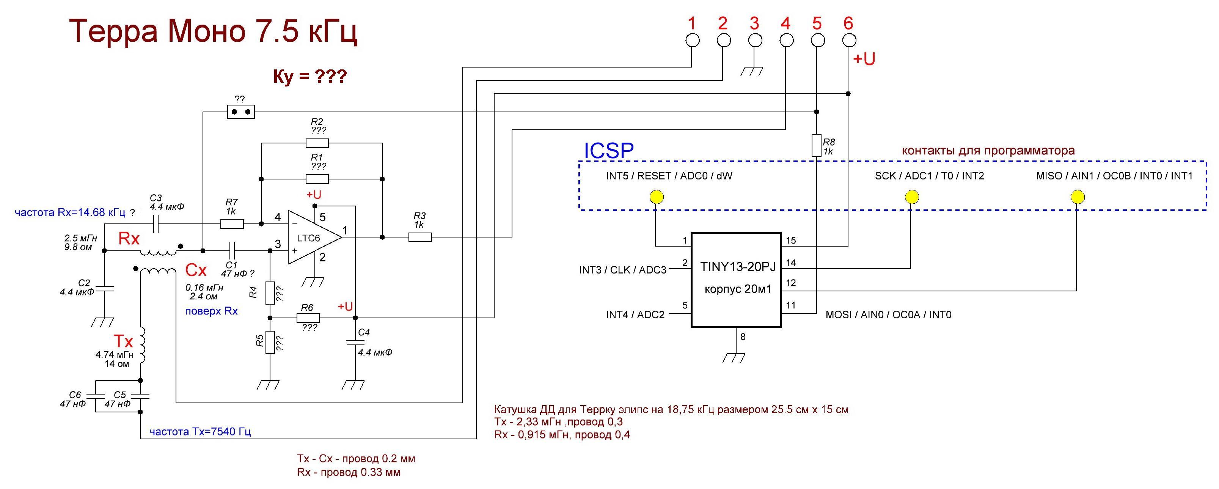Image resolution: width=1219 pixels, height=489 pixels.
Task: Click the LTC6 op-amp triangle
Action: tap(312, 237)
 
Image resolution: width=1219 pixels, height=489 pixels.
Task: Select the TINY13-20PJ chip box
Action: tap(736, 279)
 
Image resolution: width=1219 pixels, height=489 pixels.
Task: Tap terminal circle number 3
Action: tap(755, 41)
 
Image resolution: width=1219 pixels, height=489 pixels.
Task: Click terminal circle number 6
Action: tap(849, 41)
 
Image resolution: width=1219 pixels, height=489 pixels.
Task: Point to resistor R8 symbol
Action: tap(816, 145)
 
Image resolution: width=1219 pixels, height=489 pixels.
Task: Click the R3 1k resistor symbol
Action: tap(420, 237)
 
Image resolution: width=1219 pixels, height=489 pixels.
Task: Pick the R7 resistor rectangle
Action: tap(232, 223)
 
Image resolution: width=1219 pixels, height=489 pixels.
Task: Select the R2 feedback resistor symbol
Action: tap(317, 143)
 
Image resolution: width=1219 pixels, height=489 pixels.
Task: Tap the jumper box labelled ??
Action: tap(241, 112)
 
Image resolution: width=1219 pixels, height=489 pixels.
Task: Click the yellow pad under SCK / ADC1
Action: tap(911, 197)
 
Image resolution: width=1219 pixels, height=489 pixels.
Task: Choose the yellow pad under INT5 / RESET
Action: tap(657, 197)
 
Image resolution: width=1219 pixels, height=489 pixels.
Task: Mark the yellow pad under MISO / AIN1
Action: tap(1077, 197)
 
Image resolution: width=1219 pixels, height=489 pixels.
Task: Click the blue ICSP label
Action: tap(609, 151)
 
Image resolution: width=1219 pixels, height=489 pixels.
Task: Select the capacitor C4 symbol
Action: tap(355, 342)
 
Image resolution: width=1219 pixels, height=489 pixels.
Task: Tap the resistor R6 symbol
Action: tap(308, 318)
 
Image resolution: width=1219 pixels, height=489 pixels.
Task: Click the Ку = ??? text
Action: tap(310, 76)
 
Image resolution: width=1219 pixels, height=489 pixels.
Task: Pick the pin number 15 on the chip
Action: tap(791, 241)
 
